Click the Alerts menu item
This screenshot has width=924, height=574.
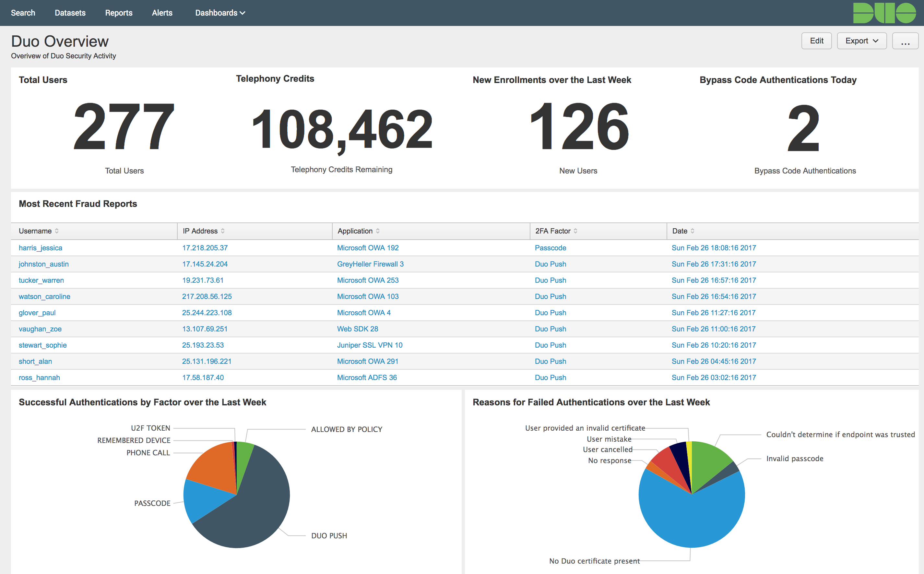coord(162,13)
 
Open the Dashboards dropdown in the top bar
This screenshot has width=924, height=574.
coord(220,13)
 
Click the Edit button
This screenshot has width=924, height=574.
coord(816,41)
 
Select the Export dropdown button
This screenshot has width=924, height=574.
coord(861,41)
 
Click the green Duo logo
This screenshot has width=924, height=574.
coord(884,13)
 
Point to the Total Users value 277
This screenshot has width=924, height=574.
coord(124,127)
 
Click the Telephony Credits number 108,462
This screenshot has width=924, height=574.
coord(341,129)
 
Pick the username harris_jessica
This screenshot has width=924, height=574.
coord(41,248)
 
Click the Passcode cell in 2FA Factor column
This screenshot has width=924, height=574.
coord(550,248)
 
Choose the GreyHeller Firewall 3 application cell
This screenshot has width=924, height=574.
coord(370,264)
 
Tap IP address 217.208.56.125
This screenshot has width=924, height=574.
coord(207,296)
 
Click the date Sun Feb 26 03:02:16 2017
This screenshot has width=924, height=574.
coord(713,378)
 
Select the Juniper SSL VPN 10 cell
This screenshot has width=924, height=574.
coord(370,345)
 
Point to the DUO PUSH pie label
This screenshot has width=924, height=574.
coord(329,536)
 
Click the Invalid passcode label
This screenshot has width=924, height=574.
coord(795,459)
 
